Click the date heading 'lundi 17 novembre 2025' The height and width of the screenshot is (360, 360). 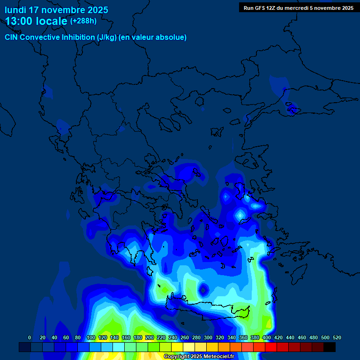click(x=56, y=10)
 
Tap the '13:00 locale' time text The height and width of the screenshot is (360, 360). click(x=37, y=21)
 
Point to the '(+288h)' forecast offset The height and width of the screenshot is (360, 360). click(x=83, y=21)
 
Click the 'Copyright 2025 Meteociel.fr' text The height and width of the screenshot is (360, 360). click(x=199, y=357)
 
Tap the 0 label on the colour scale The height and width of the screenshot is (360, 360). click(x=30, y=338)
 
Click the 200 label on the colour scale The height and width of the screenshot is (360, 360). click(x=149, y=338)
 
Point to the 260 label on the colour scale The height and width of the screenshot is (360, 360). click(x=184, y=338)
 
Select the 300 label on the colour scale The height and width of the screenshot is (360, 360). click(x=208, y=338)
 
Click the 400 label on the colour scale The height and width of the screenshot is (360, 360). click(x=266, y=338)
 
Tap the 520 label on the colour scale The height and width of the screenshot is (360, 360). click(x=337, y=338)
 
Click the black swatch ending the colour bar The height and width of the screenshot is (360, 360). click(x=330, y=347)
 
